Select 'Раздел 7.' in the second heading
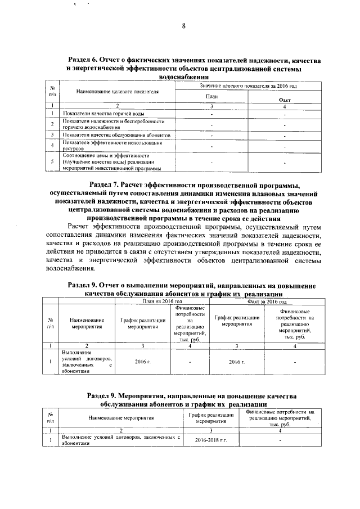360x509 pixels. (x=109, y=184)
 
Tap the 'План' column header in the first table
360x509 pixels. (x=211, y=96)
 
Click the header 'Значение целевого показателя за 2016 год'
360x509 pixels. (x=248, y=85)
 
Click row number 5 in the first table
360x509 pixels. (x=52, y=162)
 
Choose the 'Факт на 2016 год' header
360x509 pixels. (x=271, y=302)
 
